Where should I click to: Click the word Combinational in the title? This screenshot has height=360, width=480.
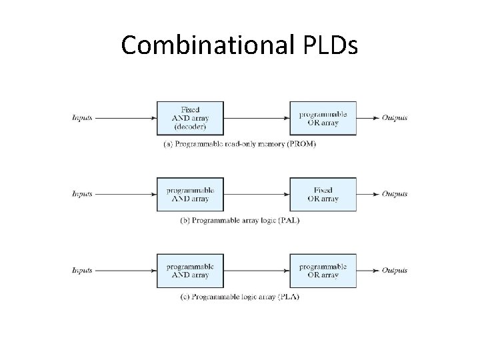coord(204,45)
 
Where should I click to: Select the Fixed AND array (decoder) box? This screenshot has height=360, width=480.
coord(190,118)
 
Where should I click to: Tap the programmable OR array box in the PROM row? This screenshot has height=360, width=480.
coord(323,118)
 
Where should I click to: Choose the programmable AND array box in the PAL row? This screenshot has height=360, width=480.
coord(190,194)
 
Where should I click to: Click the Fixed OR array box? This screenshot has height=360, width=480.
coord(323,194)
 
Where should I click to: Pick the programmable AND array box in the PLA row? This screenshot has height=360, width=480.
coord(190,271)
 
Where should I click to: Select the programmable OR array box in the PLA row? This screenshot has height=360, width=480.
coord(323,271)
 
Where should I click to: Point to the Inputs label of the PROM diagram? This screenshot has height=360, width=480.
coord(82,118)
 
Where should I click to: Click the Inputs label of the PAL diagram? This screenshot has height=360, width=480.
coord(82,194)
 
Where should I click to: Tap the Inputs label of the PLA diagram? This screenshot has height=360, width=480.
coord(82,271)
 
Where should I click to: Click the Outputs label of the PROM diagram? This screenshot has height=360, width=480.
coord(394,118)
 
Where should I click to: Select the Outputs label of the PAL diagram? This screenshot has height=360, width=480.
coord(394,194)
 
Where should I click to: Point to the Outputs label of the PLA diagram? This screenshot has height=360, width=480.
coord(394,271)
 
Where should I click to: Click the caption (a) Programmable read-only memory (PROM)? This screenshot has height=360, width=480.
coord(239,144)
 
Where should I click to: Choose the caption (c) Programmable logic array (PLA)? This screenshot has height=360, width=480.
coord(239,297)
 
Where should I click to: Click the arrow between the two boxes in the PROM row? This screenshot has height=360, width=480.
coord(257,118)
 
